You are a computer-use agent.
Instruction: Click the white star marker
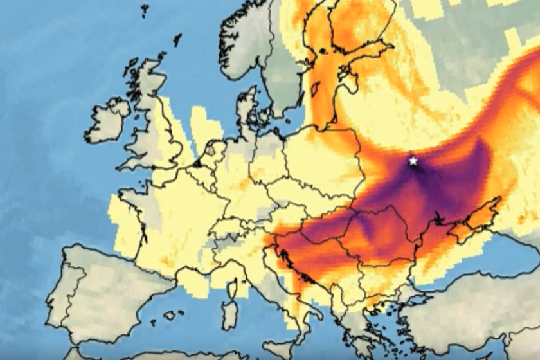[413, 161]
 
